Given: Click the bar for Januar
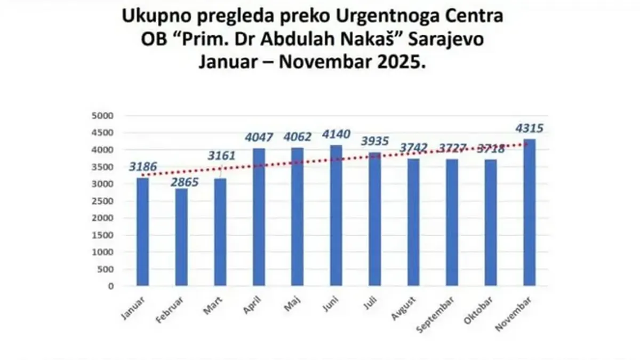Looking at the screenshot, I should coord(142,232).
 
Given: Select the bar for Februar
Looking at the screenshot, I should coord(181,237).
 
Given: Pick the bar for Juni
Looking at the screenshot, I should coord(336,215).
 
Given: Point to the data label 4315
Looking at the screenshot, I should coord(529,129).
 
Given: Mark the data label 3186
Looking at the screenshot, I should coord(143,167).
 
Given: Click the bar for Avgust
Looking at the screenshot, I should coord(413,222).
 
